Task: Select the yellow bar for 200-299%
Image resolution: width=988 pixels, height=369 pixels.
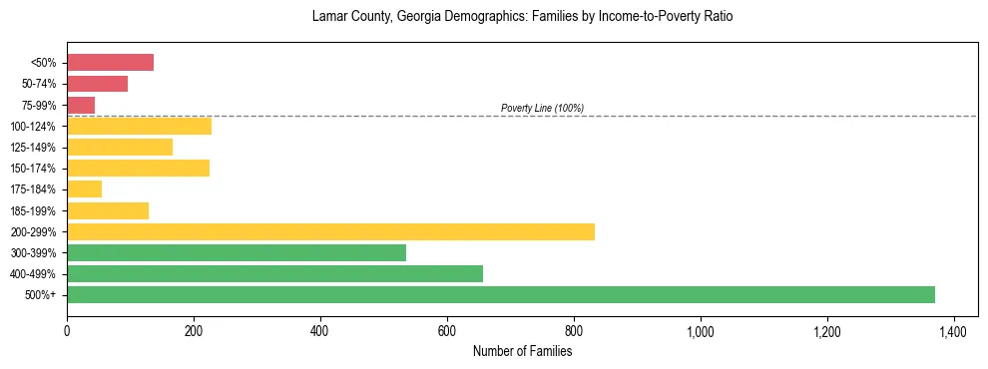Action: tap(330, 231)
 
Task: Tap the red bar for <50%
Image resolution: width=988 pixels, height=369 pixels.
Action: tap(110, 63)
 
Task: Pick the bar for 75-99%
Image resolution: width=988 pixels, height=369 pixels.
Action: tap(81, 105)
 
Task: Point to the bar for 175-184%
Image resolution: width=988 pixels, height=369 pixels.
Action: tap(84, 188)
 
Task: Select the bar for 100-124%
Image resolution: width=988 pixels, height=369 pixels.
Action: tap(139, 126)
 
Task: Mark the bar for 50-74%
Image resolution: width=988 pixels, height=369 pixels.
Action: tap(97, 84)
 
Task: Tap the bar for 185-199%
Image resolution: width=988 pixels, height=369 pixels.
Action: tap(108, 210)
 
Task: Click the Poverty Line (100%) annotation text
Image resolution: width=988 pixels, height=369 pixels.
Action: tap(542, 108)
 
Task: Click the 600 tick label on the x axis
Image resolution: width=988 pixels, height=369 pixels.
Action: tap(447, 331)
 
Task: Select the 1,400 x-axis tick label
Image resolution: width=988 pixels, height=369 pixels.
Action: tap(954, 331)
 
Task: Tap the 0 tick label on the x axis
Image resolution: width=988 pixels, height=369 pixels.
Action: tap(67, 331)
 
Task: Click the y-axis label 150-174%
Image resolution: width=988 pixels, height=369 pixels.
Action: tap(33, 169)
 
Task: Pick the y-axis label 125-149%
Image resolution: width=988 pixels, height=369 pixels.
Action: tap(33, 148)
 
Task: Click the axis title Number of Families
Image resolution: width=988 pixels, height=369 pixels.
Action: tap(522, 351)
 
